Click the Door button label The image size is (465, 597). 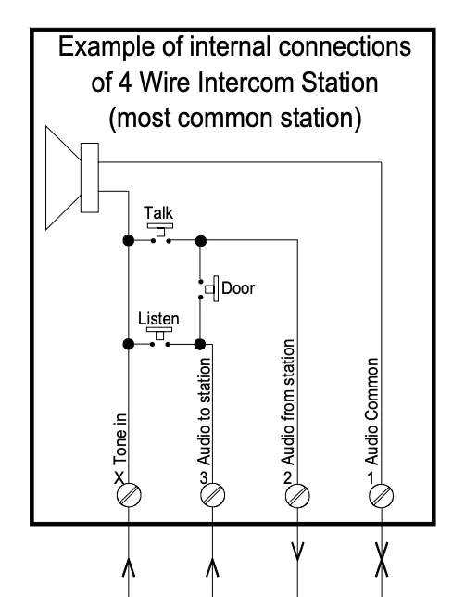237,287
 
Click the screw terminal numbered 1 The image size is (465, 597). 380,495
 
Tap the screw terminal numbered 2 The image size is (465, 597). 295,495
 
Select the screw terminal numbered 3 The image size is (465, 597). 211,495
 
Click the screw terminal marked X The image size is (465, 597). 127,495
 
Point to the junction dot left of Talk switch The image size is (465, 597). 127,239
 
